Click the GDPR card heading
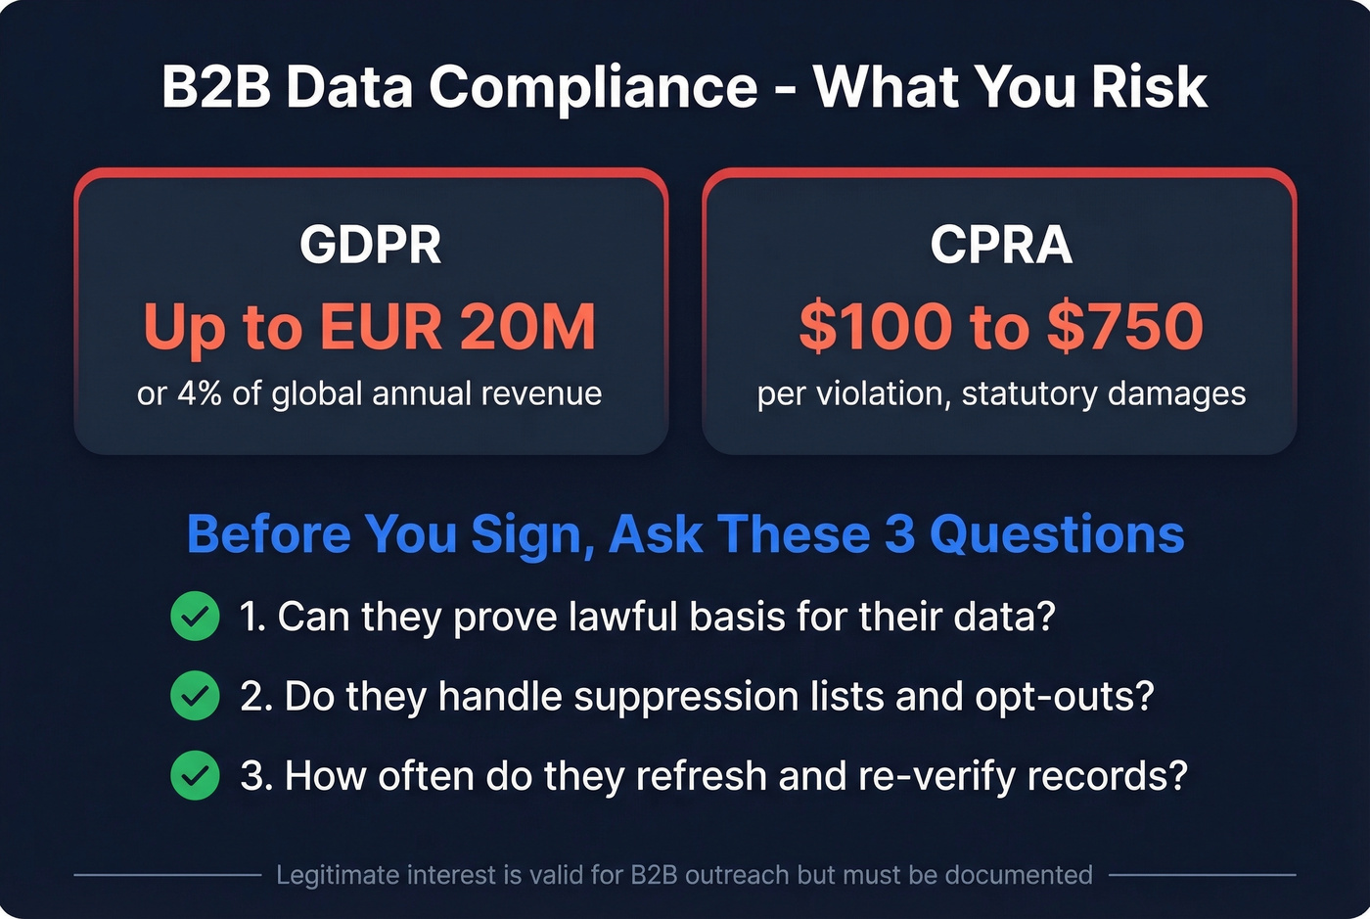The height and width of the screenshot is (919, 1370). coord(370,245)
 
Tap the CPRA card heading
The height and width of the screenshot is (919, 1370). coord(1000,245)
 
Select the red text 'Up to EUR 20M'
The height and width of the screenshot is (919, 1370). coord(370,327)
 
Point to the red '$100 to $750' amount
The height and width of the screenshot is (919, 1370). coord(1000,327)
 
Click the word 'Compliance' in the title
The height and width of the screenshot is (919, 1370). coord(593,87)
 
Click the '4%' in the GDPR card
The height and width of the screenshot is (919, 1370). coord(199,393)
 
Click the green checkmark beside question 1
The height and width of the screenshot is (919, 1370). coord(195,617)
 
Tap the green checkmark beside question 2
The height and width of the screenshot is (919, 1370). coord(195,696)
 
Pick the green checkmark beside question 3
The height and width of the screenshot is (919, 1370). coord(195,775)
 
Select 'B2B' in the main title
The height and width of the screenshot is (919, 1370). coord(215,87)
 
